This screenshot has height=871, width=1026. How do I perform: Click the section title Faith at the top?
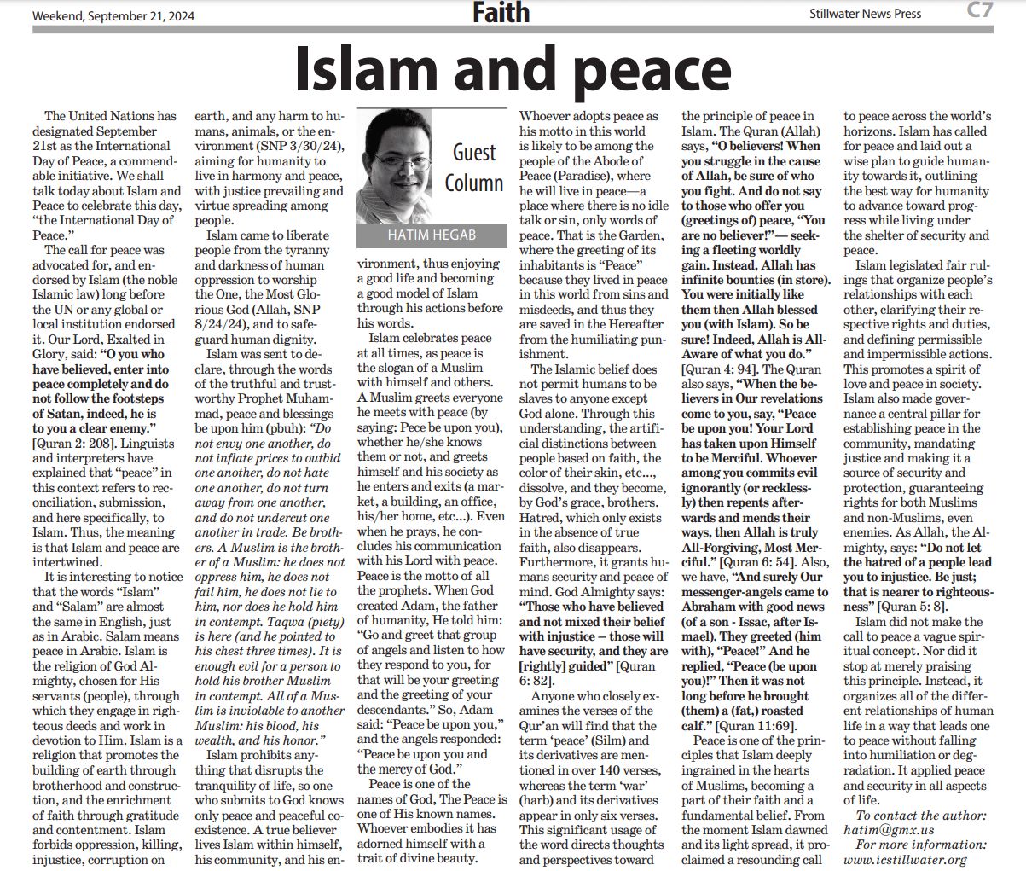click(501, 14)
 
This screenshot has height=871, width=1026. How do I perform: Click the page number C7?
click(979, 11)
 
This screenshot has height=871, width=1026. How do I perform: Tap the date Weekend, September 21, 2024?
click(113, 15)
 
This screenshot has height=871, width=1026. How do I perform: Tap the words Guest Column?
click(473, 167)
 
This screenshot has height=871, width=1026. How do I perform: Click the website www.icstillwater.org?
click(906, 860)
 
